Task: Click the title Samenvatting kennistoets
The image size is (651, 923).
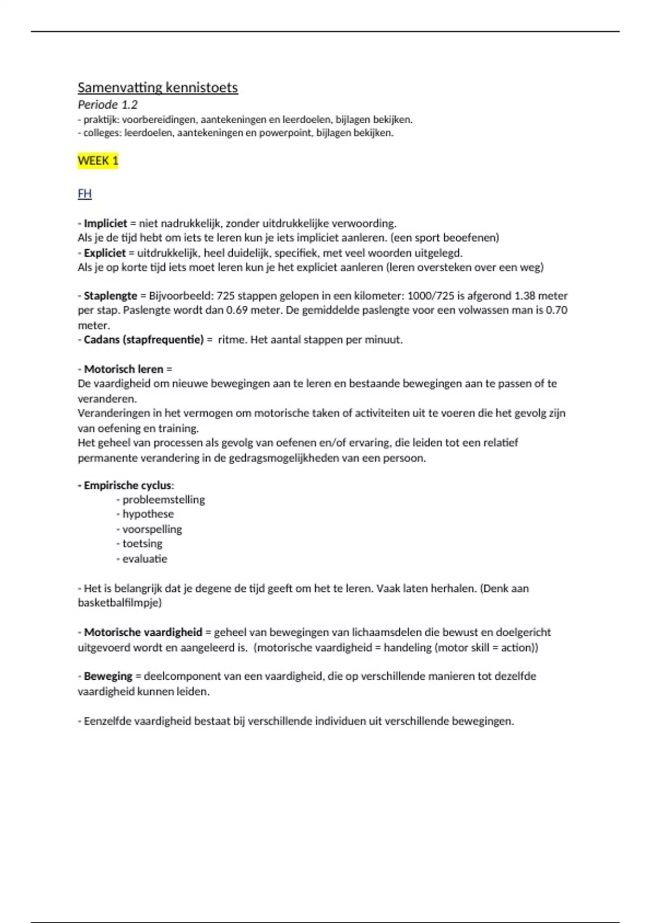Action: tap(157, 87)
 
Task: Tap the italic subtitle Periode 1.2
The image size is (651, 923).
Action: tap(107, 104)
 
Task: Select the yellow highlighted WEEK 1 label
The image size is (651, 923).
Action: tap(98, 161)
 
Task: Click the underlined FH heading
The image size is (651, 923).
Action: tap(85, 194)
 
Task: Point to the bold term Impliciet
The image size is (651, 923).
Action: tap(105, 223)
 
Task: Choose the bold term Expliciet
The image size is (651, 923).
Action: tap(105, 252)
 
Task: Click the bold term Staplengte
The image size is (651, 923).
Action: tap(110, 296)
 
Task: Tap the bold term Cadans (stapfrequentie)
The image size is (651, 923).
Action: tap(143, 340)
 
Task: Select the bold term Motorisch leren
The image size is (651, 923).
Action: tap(123, 369)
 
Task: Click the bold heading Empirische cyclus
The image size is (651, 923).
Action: tap(127, 485)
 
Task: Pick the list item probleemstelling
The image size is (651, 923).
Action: tap(163, 500)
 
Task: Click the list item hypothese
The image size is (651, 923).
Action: tap(148, 514)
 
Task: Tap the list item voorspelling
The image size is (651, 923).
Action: tap(152, 529)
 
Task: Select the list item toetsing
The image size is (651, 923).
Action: tap(142, 543)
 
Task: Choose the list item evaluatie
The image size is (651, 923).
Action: tap(145, 559)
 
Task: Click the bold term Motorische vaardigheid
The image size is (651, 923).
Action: tap(143, 632)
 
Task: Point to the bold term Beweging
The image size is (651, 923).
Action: tap(108, 676)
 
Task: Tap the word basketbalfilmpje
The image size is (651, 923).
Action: tap(118, 603)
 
